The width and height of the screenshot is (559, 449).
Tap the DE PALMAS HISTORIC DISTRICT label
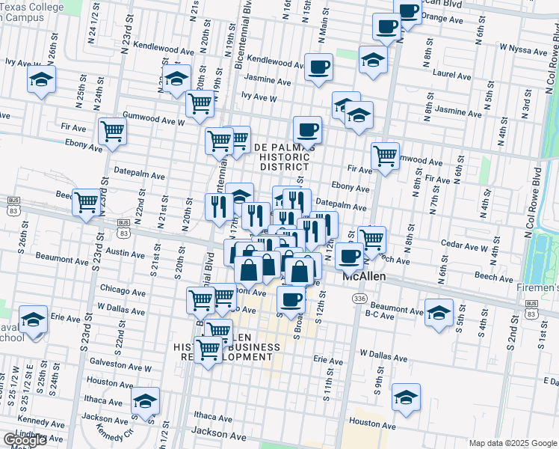285,156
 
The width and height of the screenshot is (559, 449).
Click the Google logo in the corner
25,441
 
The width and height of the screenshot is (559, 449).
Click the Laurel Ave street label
452,76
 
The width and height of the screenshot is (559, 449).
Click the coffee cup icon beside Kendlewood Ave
318,67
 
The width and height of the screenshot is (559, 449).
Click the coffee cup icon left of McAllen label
348,255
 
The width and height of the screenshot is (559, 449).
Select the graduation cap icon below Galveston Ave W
145,398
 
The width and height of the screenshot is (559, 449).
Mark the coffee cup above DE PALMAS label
307,129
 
